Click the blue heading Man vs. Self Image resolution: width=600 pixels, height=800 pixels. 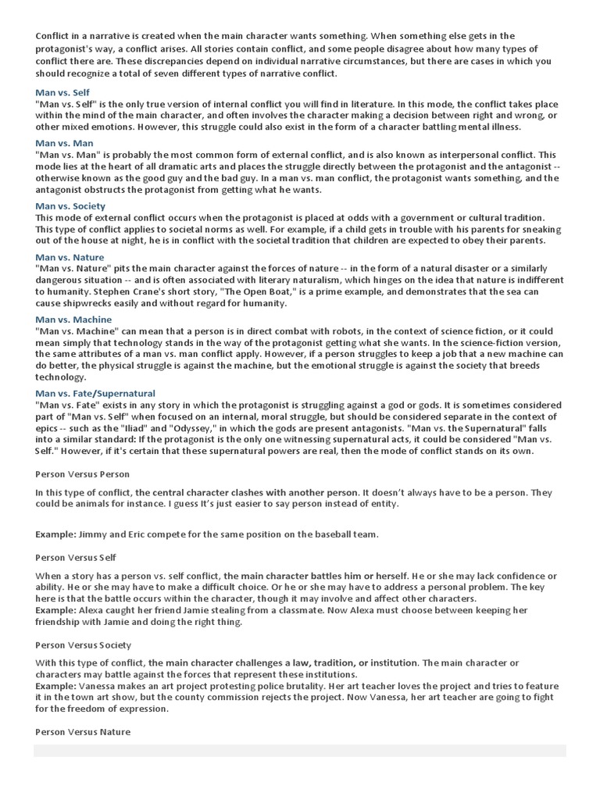click(x=62, y=92)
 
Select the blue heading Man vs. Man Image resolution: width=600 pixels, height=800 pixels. click(x=64, y=143)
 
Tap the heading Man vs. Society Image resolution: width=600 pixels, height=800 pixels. click(x=70, y=205)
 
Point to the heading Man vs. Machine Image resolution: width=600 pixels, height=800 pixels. click(x=73, y=320)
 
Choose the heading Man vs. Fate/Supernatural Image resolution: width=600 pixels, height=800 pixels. click(x=95, y=393)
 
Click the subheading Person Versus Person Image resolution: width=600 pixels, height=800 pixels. click(x=83, y=473)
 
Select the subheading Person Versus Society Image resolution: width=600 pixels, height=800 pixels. click(x=84, y=645)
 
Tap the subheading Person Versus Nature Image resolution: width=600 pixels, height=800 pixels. click(x=83, y=732)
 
